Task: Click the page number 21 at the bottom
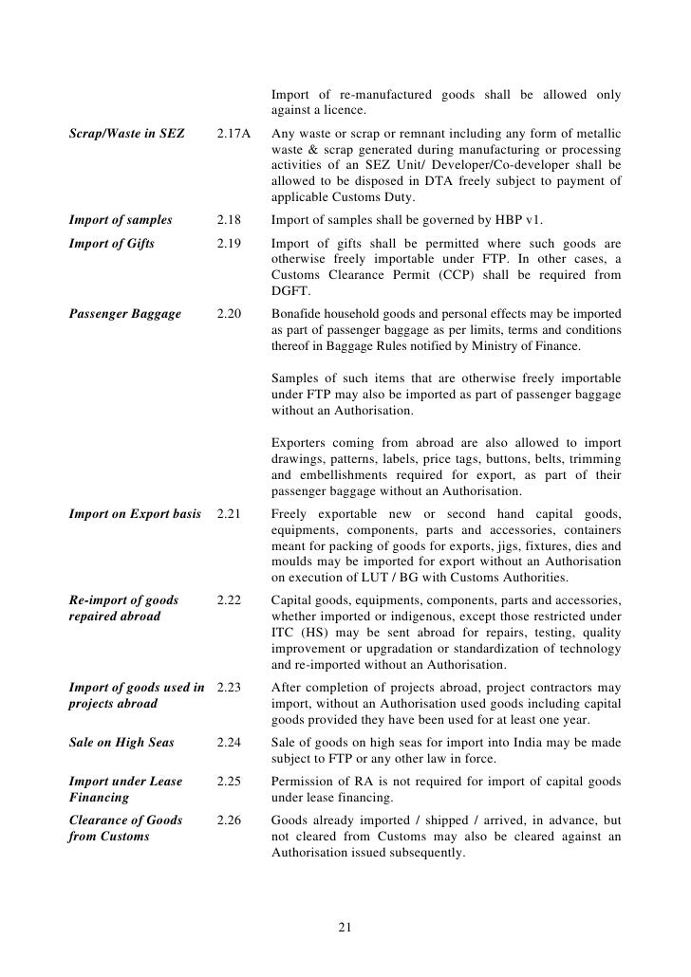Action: pos(345,927)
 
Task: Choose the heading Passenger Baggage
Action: pos(125,313)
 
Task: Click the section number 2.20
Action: pos(229,313)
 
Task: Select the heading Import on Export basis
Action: pos(135,514)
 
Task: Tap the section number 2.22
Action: pos(229,600)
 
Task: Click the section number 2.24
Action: pos(229,726)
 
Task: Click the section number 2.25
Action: pos(229,781)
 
